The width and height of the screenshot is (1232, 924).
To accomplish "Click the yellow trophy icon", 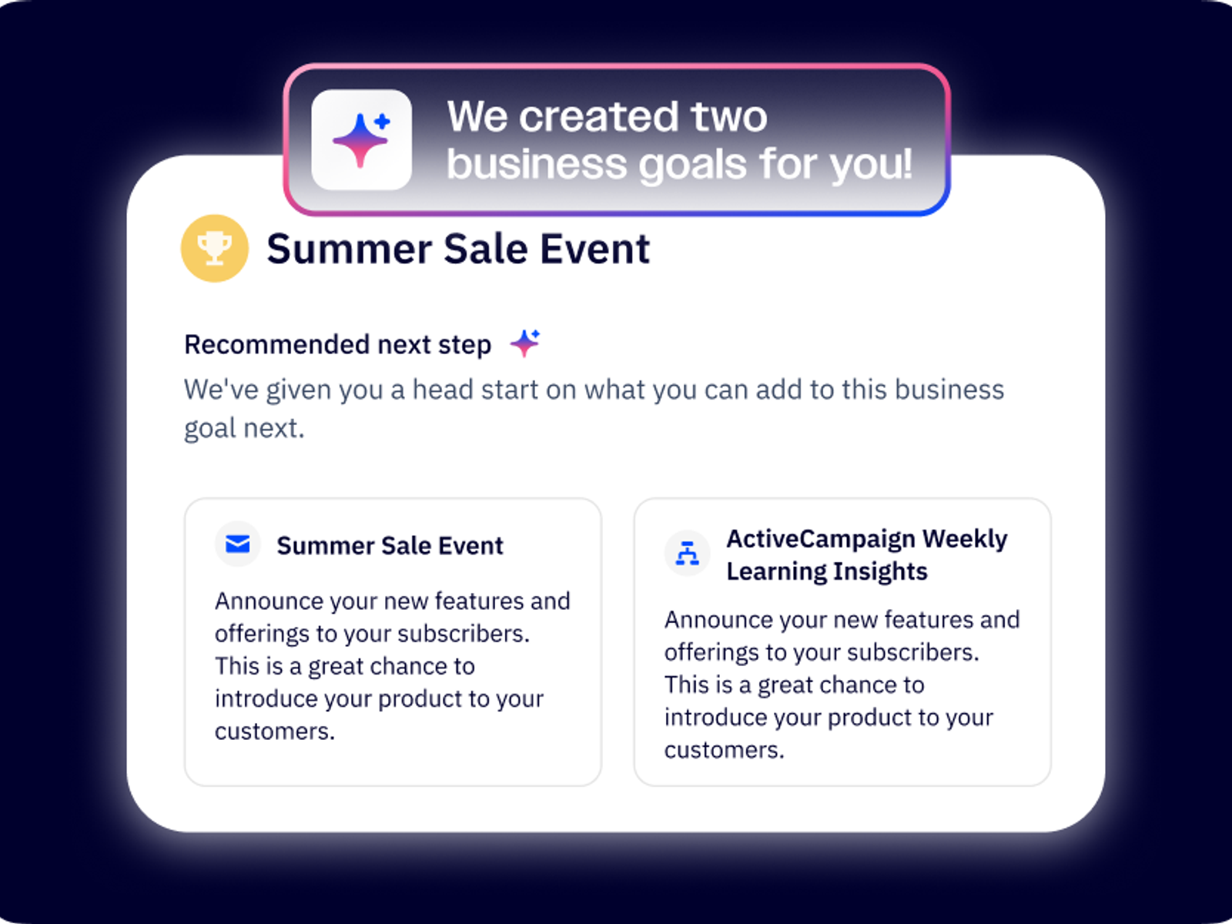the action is point(214,248).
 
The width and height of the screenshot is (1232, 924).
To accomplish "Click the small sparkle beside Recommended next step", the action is point(525,343).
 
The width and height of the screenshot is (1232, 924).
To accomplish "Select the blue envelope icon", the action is point(237,544).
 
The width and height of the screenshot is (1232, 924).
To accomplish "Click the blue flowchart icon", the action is point(687,553).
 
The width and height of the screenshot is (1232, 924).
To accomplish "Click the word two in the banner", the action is point(729,117).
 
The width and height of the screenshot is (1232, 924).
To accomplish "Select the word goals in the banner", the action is point(693,166).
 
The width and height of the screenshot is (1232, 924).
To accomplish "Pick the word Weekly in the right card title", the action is point(966,539).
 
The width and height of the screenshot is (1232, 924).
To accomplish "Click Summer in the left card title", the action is point(326,546).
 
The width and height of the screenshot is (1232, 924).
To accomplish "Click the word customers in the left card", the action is point(275,731).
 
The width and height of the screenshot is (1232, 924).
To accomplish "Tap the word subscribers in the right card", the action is point(913,652).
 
